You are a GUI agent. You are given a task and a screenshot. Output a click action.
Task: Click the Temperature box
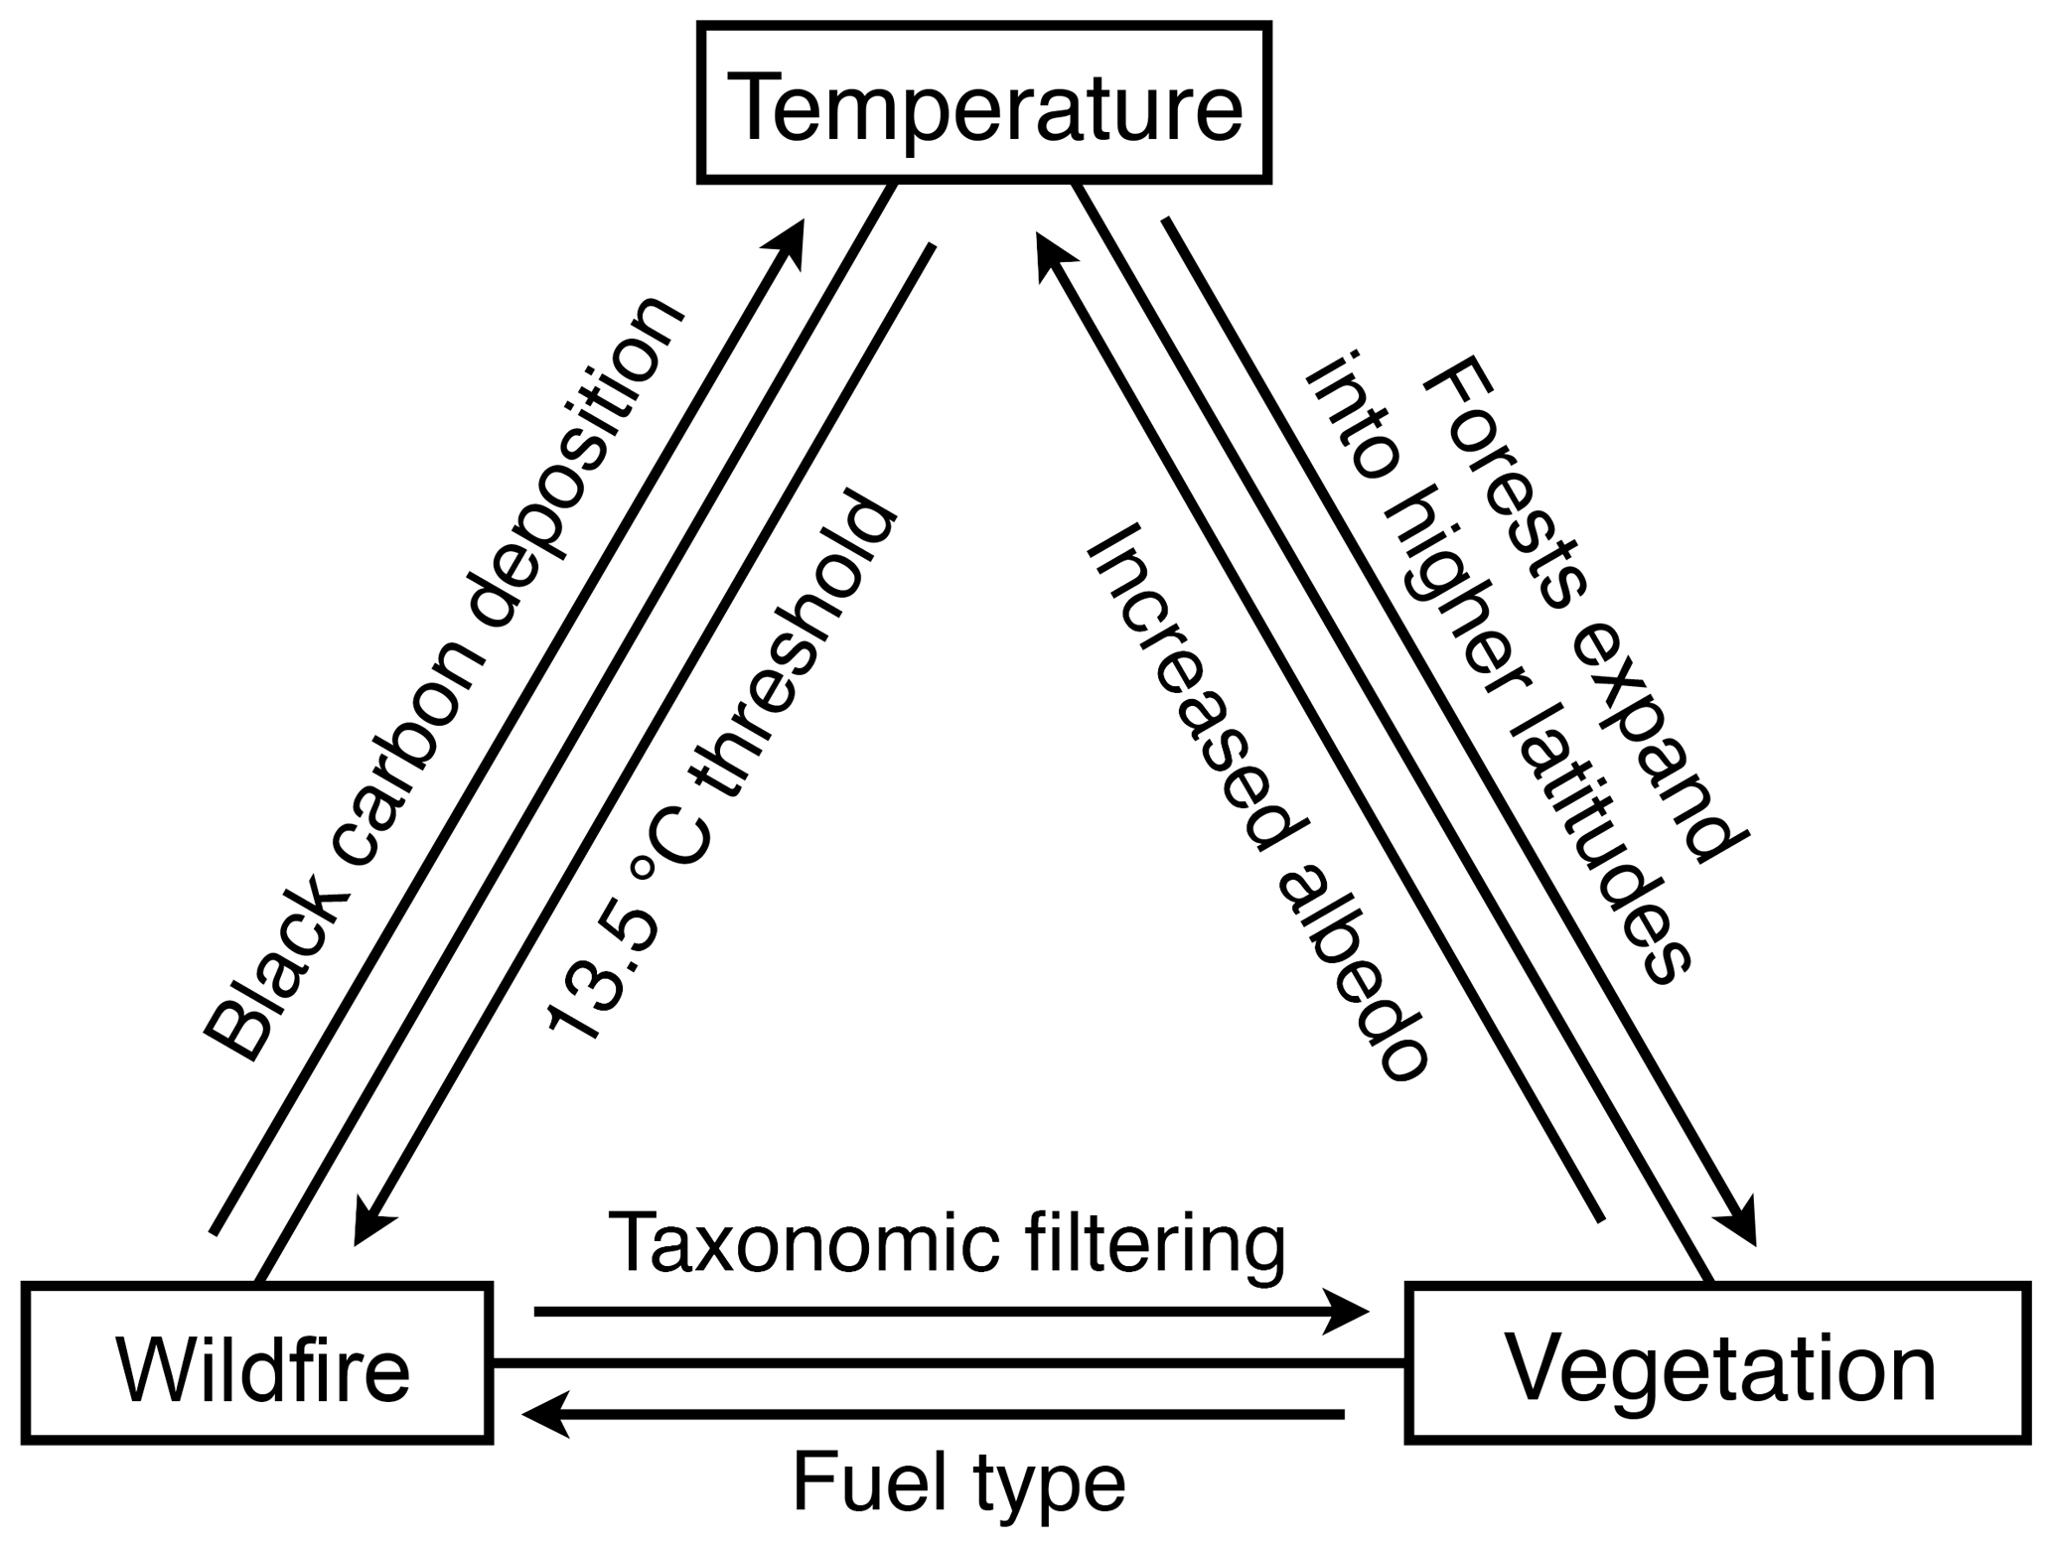click(x=984, y=104)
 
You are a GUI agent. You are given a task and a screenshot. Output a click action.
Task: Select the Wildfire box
click(x=257, y=1362)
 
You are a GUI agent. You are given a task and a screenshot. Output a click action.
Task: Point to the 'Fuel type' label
click(x=958, y=1483)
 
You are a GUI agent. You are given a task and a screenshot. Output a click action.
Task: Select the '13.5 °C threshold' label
click(x=720, y=765)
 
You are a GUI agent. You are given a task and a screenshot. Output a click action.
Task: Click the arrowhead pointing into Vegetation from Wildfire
click(x=1351, y=1313)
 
